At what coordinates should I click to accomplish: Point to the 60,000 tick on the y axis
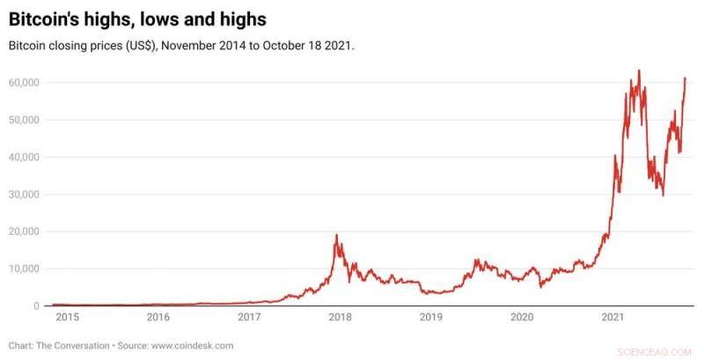coord(26,83)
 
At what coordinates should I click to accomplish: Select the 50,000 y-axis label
coord(26,120)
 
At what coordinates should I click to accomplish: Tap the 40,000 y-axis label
coord(26,157)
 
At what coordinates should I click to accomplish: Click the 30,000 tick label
coord(26,195)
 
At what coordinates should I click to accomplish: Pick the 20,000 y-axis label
coord(26,231)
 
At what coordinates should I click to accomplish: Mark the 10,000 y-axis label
coord(26,268)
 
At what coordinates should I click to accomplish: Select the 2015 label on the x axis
coord(67,317)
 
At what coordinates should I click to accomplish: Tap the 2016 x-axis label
coord(158,317)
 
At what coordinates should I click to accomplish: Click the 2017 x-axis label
coord(249,317)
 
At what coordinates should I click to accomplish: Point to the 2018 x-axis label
coord(340,317)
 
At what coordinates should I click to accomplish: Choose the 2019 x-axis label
coord(430,317)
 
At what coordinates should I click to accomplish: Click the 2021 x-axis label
coord(612,317)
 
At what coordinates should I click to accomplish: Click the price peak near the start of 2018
coord(336,235)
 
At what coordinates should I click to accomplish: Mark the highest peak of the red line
coord(639,70)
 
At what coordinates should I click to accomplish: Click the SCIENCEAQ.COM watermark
coord(655,349)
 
